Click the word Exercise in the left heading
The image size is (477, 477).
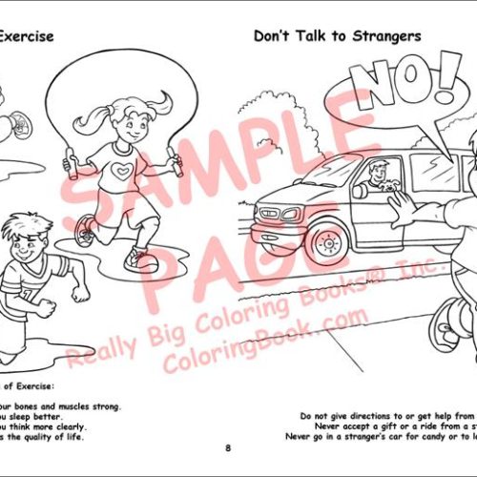pos(25,37)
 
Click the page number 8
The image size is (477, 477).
pos(228,447)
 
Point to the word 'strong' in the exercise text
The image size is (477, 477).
pos(107,406)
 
